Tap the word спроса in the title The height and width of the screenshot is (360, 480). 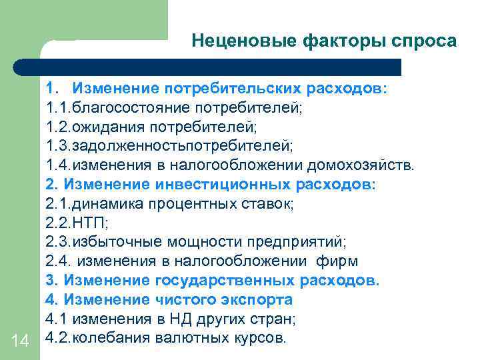426,41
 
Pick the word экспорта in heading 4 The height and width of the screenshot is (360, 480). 257,299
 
